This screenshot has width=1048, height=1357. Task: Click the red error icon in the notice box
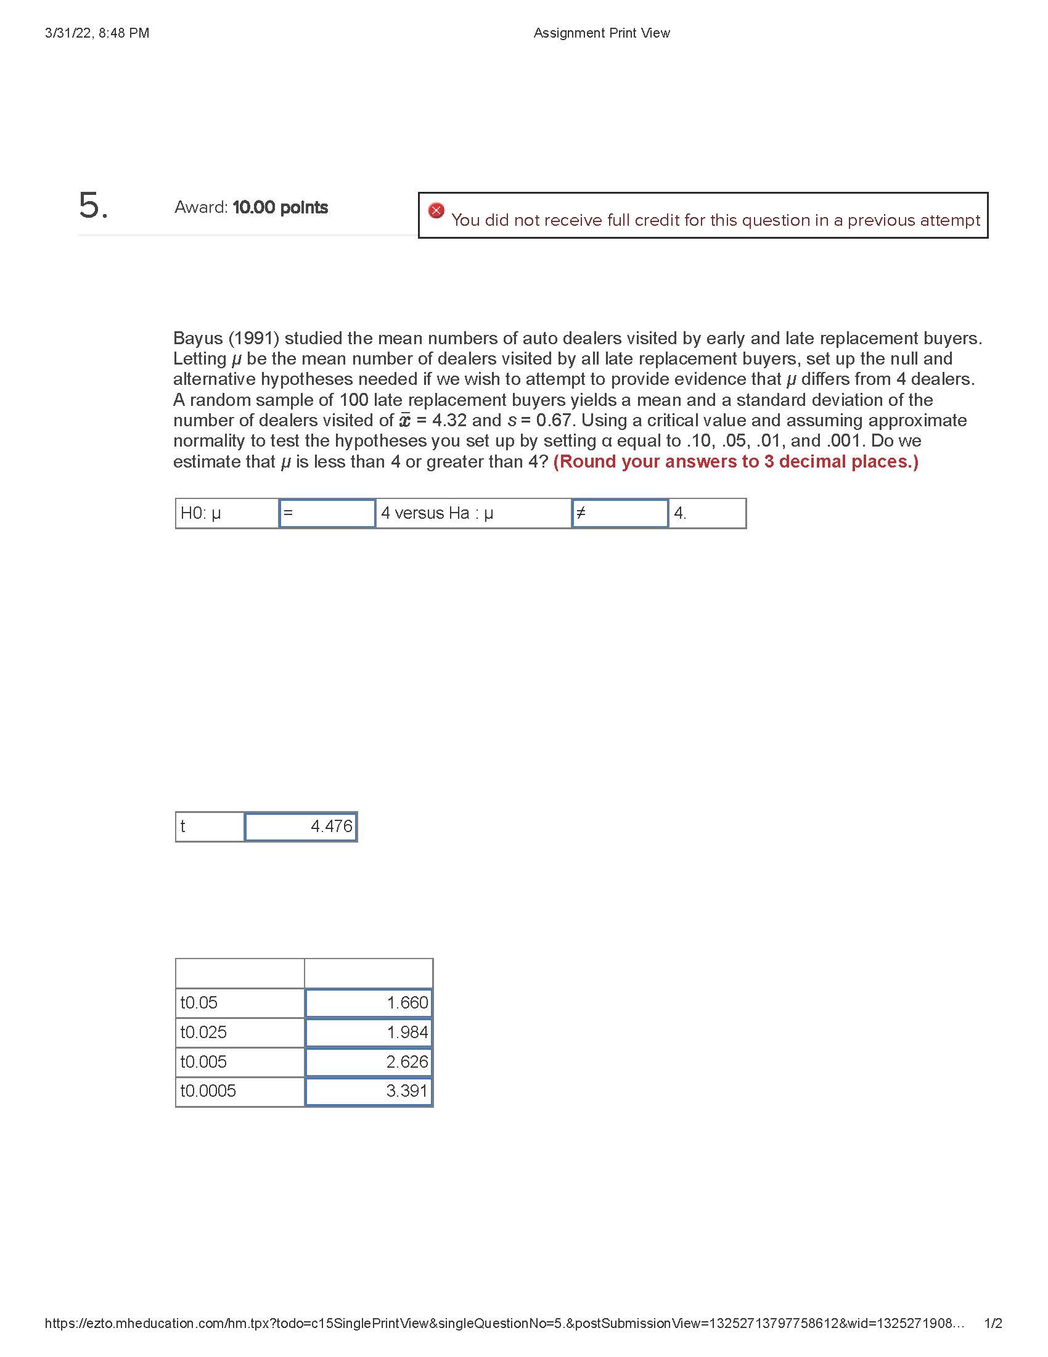pos(436,210)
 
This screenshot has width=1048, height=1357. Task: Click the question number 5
pos(92,205)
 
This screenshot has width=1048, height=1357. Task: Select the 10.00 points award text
pos(280,207)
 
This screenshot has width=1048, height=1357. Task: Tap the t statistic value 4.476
pos(301,827)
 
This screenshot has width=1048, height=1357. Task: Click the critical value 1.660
pos(369,1003)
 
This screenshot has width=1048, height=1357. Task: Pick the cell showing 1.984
pos(369,1033)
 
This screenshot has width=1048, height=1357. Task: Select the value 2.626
pos(369,1062)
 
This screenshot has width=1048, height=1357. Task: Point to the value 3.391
pos(369,1091)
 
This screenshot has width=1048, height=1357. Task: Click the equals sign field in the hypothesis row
pos(327,513)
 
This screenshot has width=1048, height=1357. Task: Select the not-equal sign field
pos(620,513)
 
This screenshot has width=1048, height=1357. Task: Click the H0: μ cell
pos(227,513)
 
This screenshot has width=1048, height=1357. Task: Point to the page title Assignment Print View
pos(602,33)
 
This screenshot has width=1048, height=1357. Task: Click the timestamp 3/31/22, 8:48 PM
pos(97,33)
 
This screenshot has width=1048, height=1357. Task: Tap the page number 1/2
pos(993,1324)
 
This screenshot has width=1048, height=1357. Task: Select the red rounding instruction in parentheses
pos(735,461)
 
